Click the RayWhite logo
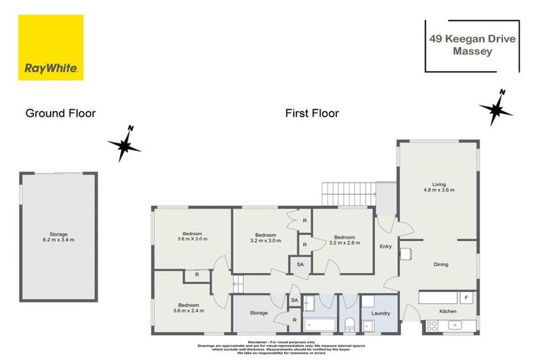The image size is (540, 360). pos(51,47)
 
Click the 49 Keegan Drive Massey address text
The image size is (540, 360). pos(472,46)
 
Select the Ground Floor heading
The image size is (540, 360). pos(60,112)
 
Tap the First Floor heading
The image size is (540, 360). pos(311,112)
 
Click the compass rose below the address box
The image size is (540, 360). pos(496,109)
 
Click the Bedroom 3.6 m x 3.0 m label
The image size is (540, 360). pos(192,236)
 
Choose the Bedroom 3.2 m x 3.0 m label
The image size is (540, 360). pos(264,238)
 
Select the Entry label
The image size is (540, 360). pos(385,246)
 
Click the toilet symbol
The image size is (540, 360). pos(349,323)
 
